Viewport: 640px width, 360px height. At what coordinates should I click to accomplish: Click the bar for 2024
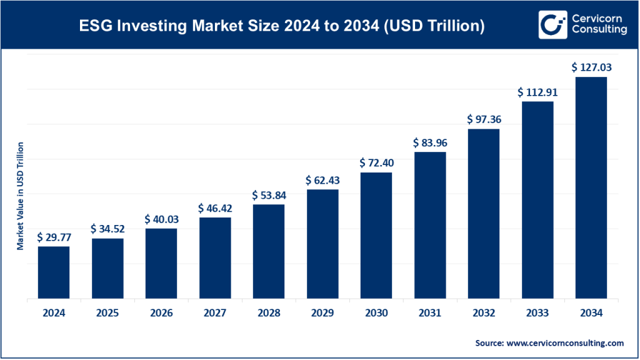(x=54, y=272)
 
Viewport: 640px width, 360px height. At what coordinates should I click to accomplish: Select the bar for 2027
(x=215, y=258)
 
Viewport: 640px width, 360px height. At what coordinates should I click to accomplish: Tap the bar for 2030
(x=376, y=236)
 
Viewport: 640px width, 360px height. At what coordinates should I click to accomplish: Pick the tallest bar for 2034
(x=591, y=188)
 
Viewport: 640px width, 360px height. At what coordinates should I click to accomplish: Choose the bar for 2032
(x=483, y=214)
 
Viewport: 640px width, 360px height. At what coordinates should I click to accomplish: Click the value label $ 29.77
(x=54, y=237)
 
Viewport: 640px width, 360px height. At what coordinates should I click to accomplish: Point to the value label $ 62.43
(x=322, y=180)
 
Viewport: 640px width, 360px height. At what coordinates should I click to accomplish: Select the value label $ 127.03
(x=591, y=67)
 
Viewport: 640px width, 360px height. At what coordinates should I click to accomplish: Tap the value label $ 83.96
(x=430, y=142)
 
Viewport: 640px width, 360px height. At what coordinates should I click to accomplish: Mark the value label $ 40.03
(x=161, y=219)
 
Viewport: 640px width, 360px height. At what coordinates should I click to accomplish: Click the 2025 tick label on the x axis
(x=107, y=313)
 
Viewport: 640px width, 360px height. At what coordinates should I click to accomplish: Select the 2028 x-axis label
(x=269, y=313)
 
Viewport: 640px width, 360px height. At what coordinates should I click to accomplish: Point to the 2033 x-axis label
(x=537, y=313)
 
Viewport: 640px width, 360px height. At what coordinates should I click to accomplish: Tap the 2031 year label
(x=430, y=313)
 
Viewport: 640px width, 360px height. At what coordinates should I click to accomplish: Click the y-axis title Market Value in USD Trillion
(x=21, y=196)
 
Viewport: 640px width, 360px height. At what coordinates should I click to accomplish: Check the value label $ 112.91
(x=537, y=92)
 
